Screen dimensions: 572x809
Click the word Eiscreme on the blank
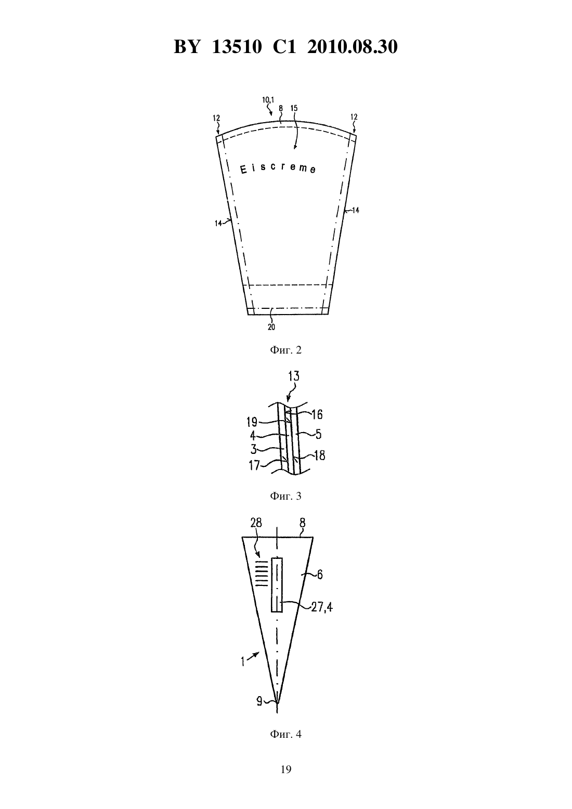point(278,168)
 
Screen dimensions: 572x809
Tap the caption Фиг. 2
point(285,350)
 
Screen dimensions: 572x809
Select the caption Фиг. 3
point(285,496)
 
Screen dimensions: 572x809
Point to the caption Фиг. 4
point(285,734)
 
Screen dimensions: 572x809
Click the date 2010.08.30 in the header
point(353,47)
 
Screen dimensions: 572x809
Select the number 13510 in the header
point(237,47)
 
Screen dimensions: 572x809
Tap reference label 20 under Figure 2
point(271,327)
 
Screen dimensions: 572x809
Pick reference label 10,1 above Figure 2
point(268,100)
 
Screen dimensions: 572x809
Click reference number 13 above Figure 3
point(294,376)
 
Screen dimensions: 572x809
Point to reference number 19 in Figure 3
point(252,422)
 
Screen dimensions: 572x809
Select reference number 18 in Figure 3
point(319,456)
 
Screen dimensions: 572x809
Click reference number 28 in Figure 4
point(256,523)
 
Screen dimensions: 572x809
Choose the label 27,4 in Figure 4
point(322,607)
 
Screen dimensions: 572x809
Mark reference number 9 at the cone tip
point(259,701)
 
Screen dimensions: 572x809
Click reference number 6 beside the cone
point(320,574)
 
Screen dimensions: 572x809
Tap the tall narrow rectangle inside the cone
point(277,585)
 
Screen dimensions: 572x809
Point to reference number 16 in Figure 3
point(317,414)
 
